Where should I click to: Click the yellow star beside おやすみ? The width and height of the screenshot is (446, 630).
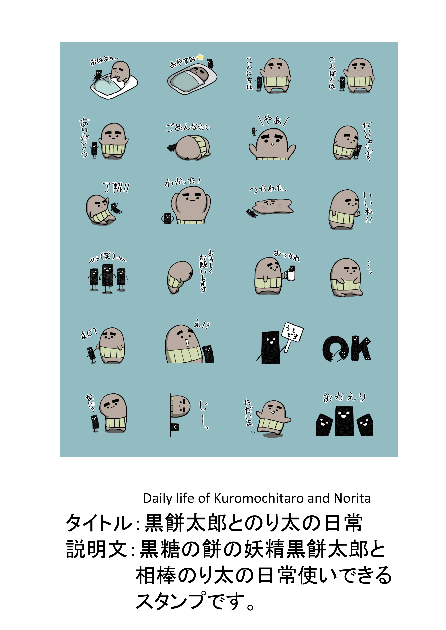(x=200, y=57)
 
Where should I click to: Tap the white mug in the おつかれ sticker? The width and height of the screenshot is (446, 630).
(x=290, y=275)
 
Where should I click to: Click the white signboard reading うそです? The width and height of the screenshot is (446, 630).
(x=292, y=332)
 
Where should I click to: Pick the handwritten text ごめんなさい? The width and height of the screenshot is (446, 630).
(x=188, y=127)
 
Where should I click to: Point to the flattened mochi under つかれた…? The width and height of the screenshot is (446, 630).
(x=273, y=206)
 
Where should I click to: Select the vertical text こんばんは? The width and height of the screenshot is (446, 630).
(x=332, y=73)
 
